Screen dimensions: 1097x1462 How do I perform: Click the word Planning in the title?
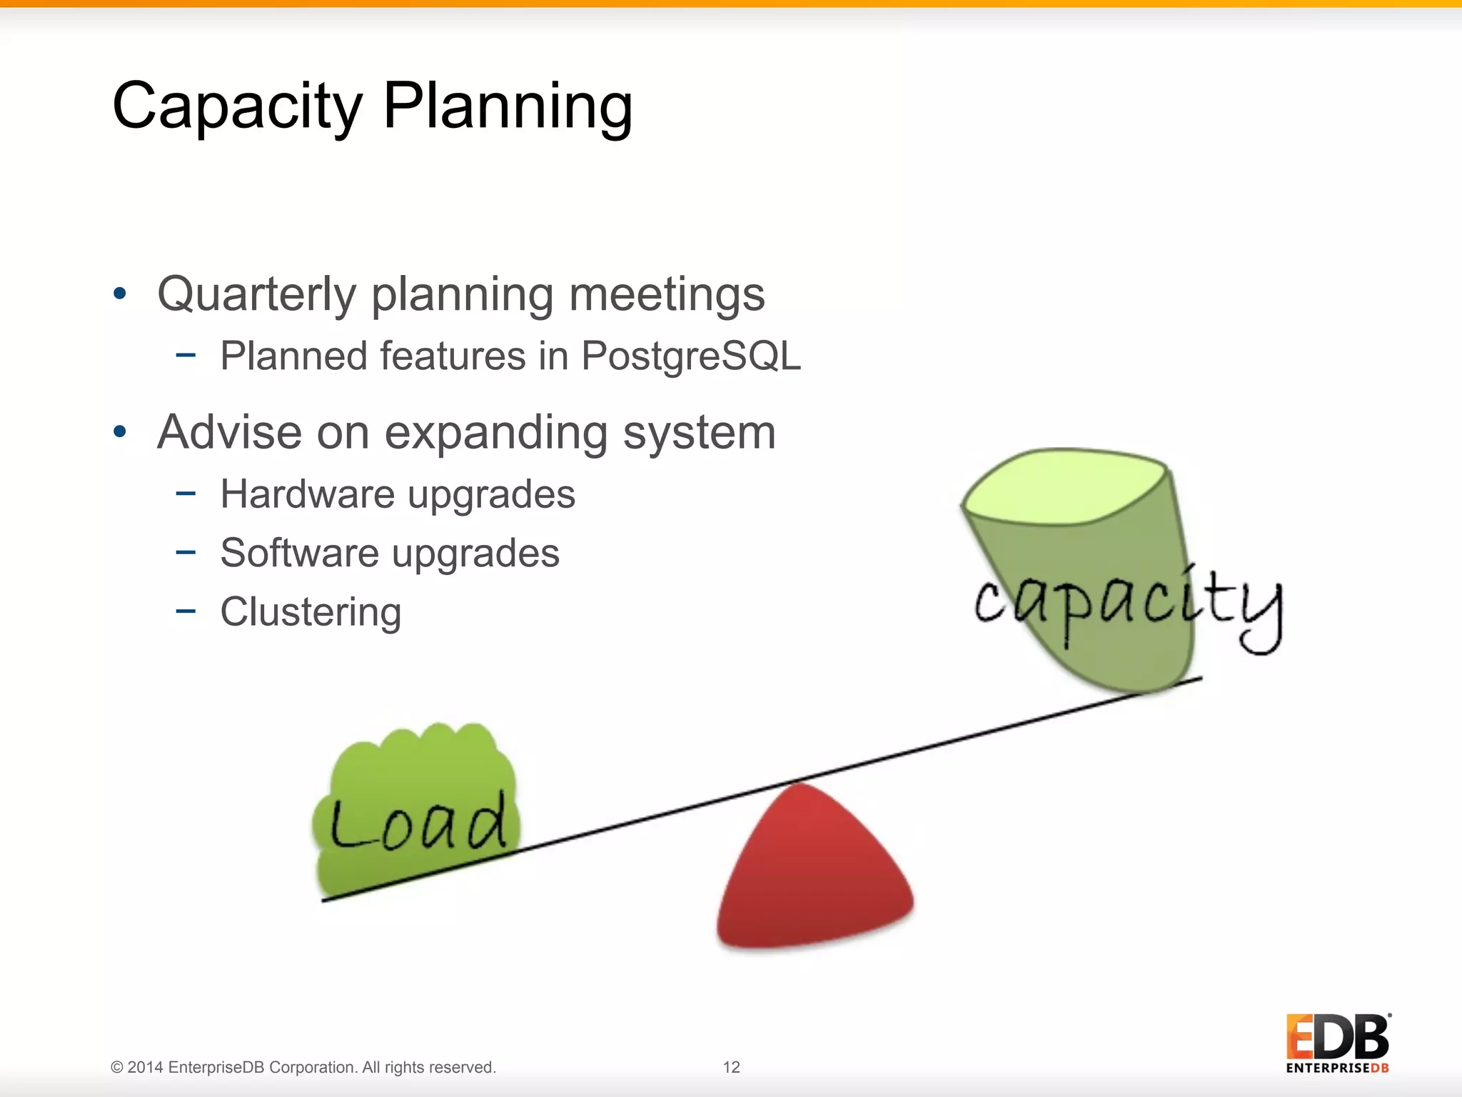pyautogui.click(x=508, y=107)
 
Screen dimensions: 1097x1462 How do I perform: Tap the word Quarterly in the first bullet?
pyautogui.click(x=256, y=295)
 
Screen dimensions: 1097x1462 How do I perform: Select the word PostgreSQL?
pyautogui.click(x=691, y=356)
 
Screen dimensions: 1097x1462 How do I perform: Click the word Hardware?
pyautogui.click(x=307, y=494)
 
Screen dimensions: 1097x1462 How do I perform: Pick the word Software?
pyautogui.click(x=299, y=553)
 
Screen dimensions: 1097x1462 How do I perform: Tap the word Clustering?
pyautogui.click(x=311, y=612)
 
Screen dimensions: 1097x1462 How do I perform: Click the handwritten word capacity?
pyautogui.click(x=1128, y=603)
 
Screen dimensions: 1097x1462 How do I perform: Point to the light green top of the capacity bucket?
pyautogui.click(x=1064, y=486)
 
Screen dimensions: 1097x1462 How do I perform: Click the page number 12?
pyautogui.click(x=731, y=1067)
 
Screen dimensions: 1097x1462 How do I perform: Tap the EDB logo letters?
pyautogui.click(x=1337, y=1037)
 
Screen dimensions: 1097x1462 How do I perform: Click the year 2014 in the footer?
pyautogui.click(x=146, y=1067)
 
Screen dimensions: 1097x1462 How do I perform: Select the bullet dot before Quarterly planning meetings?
pyautogui.click(x=120, y=294)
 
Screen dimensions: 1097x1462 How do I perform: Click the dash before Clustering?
pyautogui.click(x=186, y=611)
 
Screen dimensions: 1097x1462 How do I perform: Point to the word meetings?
pyautogui.click(x=667, y=295)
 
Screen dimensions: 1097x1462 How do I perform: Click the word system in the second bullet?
pyautogui.click(x=699, y=432)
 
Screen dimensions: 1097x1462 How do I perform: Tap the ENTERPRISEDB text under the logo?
pyautogui.click(x=1337, y=1068)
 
